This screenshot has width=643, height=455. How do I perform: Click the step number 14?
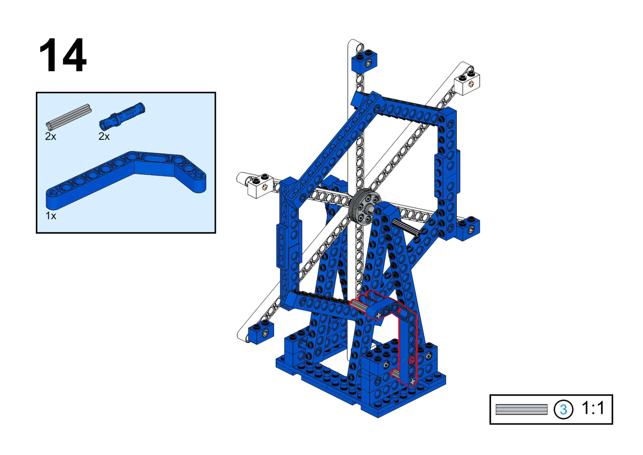[x=63, y=55]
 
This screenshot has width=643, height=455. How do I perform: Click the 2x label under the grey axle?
[x=51, y=137]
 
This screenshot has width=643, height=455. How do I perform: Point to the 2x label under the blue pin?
[x=104, y=137]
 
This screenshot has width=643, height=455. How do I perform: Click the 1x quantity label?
[x=51, y=216]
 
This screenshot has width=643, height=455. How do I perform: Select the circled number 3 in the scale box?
[x=563, y=410]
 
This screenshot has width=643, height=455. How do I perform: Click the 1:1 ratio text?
[x=593, y=408]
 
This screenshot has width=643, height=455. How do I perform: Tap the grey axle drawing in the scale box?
[x=521, y=410]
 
